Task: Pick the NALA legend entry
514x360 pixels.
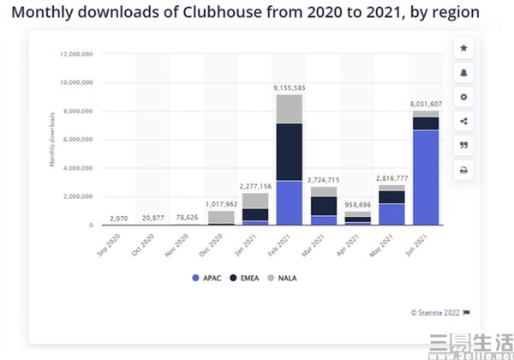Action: pyautogui.click(x=281, y=278)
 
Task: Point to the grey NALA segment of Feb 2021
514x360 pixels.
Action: pyautogui.click(x=289, y=109)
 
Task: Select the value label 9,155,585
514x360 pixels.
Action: pyautogui.click(x=290, y=87)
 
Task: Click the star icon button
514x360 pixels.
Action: pyautogui.click(x=463, y=48)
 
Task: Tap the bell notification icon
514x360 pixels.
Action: pyautogui.click(x=463, y=73)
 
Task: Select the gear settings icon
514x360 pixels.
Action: pyautogui.click(x=463, y=97)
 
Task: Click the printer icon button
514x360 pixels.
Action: pyautogui.click(x=463, y=170)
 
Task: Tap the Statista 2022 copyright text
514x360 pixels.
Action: pyautogui.click(x=438, y=313)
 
